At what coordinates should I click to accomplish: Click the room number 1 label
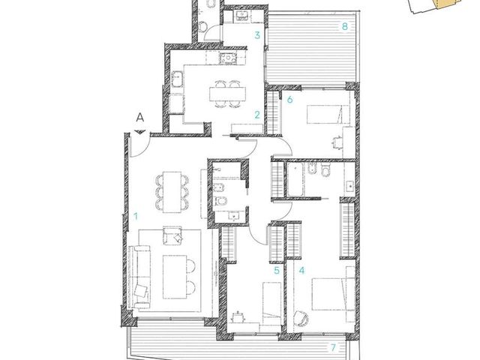pyautogui.click(x=136, y=217)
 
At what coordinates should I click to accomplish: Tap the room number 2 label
pyautogui.click(x=257, y=115)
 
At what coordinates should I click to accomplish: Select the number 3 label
pyautogui.click(x=257, y=35)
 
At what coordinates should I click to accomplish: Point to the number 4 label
pyautogui.click(x=301, y=271)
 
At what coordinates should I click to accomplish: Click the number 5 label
pyautogui.click(x=277, y=271)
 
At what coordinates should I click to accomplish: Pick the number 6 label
pyautogui.click(x=290, y=99)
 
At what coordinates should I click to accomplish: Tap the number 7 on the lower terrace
pyautogui.click(x=333, y=347)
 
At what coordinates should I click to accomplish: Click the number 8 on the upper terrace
pyautogui.click(x=345, y=27)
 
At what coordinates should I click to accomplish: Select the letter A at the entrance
pyautogui.click(x=140, y=117)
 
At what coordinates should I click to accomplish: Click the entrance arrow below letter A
pyautogui.click(x=140, y=132)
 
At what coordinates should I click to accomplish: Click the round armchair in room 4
pyautogui.click(x=301, y=319)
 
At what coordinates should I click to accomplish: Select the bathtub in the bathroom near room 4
pyautogui.click(x=295, y=180)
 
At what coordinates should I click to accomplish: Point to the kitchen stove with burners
pyautogui.click(x=228, y=58)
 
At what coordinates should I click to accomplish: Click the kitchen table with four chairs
pyautogui.click(x=227, y=94)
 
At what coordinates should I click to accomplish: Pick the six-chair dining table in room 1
pyautogui.click(x=172, y=192)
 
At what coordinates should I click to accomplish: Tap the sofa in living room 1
pyautogui.click(x=139, y=277)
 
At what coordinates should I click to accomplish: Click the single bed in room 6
pyautogui.click(x=328, y=115)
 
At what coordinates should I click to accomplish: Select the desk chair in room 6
pyautogui.click(x=337, y=142)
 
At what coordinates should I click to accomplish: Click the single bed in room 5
pyautogui.click(x=271, y=304)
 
